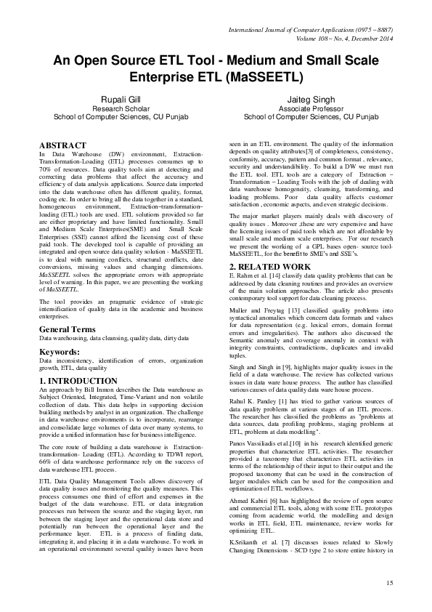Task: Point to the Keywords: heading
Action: tap(60, 352)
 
